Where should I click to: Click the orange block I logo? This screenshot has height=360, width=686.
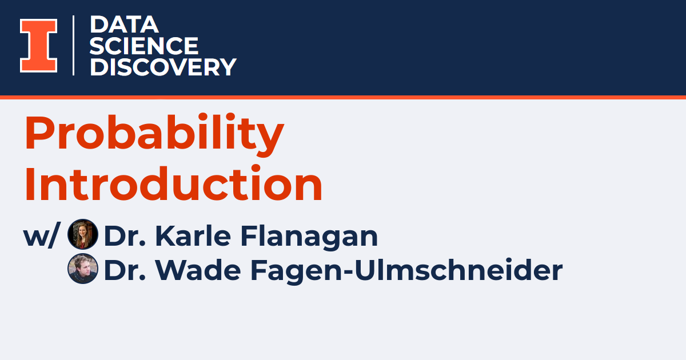pos(39,46)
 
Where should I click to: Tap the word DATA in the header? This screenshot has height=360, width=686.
pos(123,25)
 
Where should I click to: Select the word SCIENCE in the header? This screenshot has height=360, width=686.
pos(143,46)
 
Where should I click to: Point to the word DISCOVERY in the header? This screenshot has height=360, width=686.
pos(163,67)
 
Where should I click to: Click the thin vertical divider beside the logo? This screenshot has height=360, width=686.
pos(74,46)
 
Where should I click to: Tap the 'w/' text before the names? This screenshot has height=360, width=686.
pos(41,236)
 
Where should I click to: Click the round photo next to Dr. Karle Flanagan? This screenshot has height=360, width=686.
pos(83,235)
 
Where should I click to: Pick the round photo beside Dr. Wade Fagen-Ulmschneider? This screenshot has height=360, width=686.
pos(83,269)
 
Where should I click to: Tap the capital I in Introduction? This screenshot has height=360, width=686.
pos(30,184)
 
